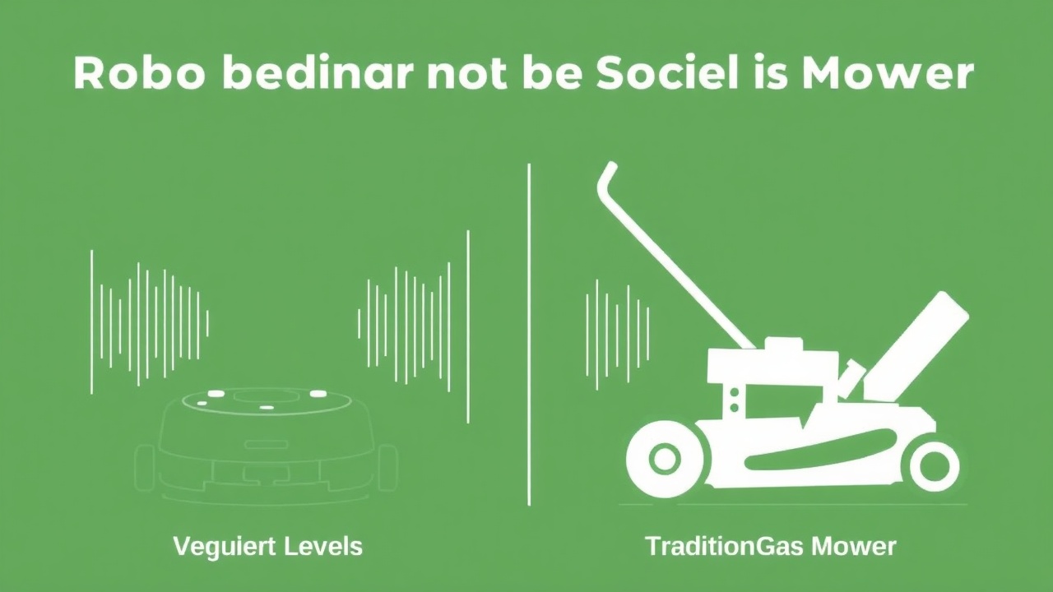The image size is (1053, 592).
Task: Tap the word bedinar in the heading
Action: pyautogui.click(x=295, y=74)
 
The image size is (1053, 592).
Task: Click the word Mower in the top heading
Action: pyautogui.click(x=888, y=74)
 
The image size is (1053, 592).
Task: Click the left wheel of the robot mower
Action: pyautogui.click(x=145, y=469)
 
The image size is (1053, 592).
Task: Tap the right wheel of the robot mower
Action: pyautogui.click(x=387, y=469)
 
